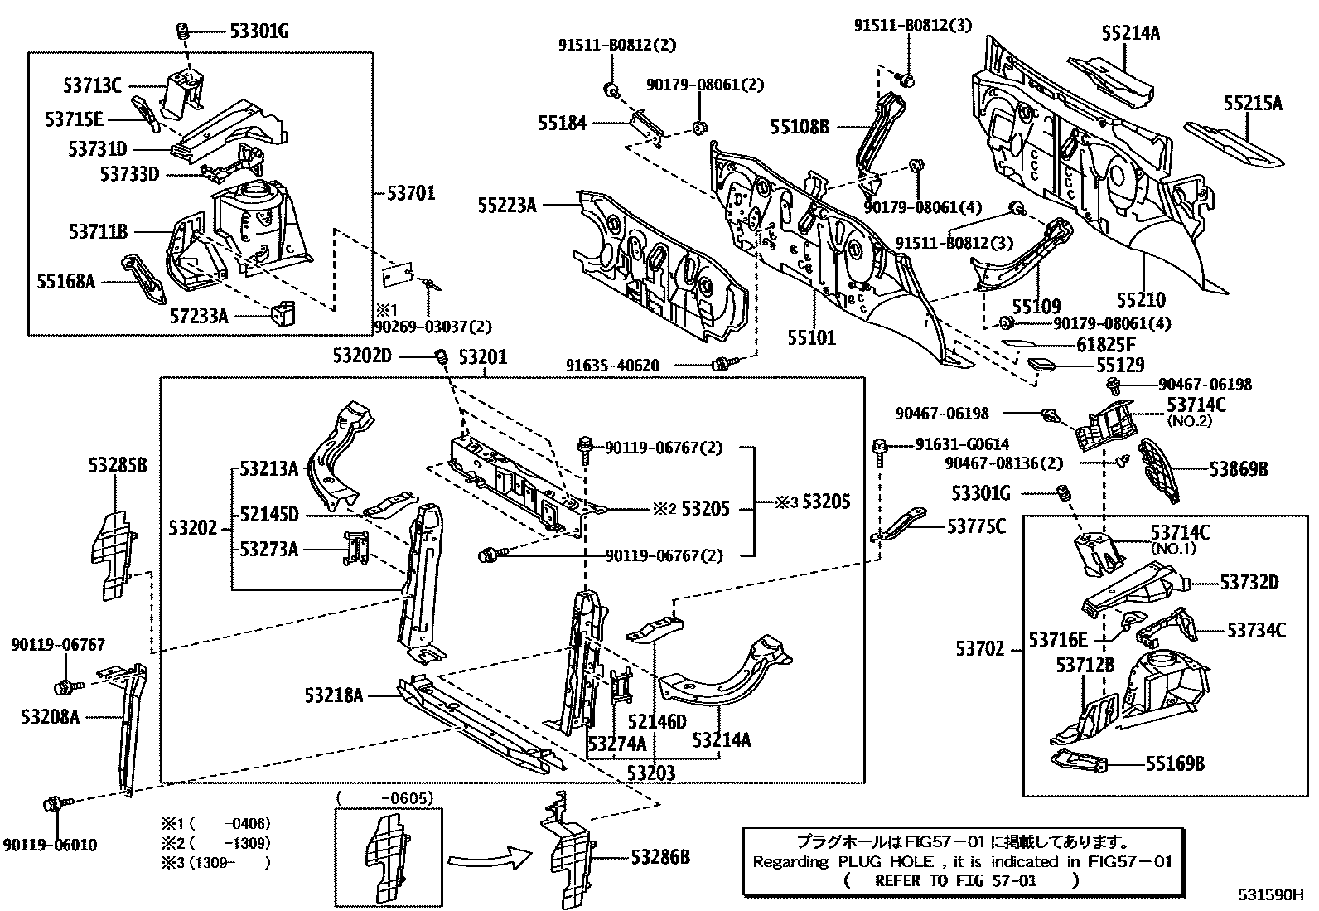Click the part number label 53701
point(411,194)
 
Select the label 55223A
point(507,205)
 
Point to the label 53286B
point(660,857)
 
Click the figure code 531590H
point(1271,895)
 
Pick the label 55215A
point(1253,103)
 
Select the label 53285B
point(118,466)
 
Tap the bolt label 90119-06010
point(50,845)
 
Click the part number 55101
point(811,337)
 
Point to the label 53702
point(979,649)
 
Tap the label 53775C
point(976,526)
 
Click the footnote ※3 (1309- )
point(216,862)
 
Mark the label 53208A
point(51,716)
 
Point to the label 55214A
point(1130,33)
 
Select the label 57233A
point(199,316)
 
